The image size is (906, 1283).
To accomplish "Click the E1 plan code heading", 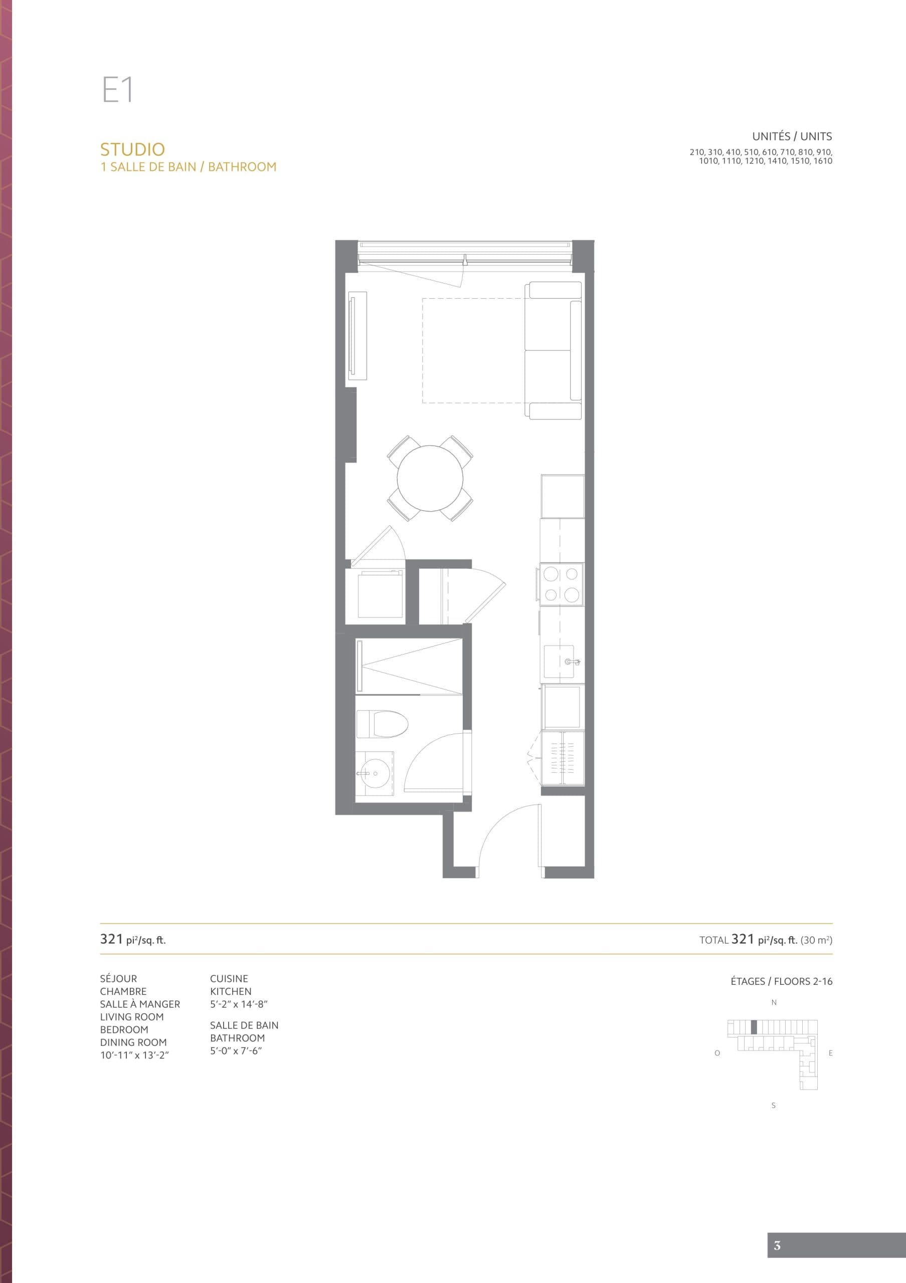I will point(117,90).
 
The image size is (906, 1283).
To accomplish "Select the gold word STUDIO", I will point(132,149).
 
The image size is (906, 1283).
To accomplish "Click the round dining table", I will point(430,478).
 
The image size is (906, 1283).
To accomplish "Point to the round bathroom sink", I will point(369,773).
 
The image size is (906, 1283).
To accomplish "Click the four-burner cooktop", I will point(561,584).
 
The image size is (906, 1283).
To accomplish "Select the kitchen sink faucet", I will point(571,662).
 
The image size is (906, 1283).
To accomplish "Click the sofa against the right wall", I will point(554,350).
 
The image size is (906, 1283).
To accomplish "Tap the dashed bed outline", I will point(472,350).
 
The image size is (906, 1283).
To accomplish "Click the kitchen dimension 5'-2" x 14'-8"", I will point(239,1004).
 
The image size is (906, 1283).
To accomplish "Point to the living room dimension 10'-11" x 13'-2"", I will point(134,1055).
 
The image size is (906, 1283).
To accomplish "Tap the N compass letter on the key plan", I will point(774,1002).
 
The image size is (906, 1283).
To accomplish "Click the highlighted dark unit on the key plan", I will point(754,1027).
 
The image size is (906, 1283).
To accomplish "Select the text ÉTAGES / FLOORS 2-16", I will point(781,981).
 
